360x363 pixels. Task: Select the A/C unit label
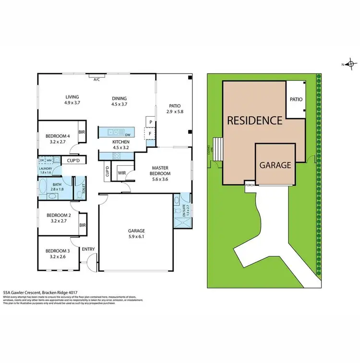tap(96, 79)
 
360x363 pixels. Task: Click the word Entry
tap(88, 249)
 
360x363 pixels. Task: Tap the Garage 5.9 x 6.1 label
tap(136, 233)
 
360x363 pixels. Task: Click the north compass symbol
tap(350, 64)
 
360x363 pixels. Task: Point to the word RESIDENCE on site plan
tap(254, 120)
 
